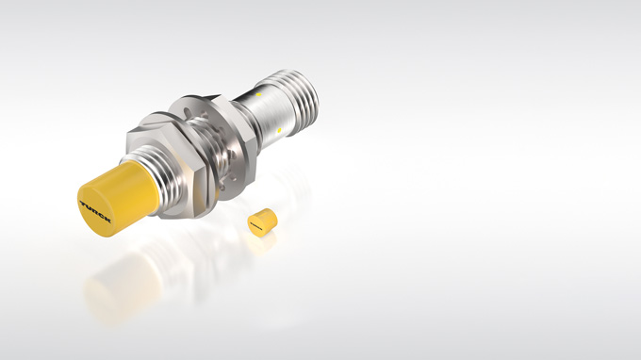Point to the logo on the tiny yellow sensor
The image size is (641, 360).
[x=255, y=223]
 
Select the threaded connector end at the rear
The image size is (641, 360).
[x=300, y=90]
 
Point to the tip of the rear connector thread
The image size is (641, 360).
[x=312, y=86]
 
